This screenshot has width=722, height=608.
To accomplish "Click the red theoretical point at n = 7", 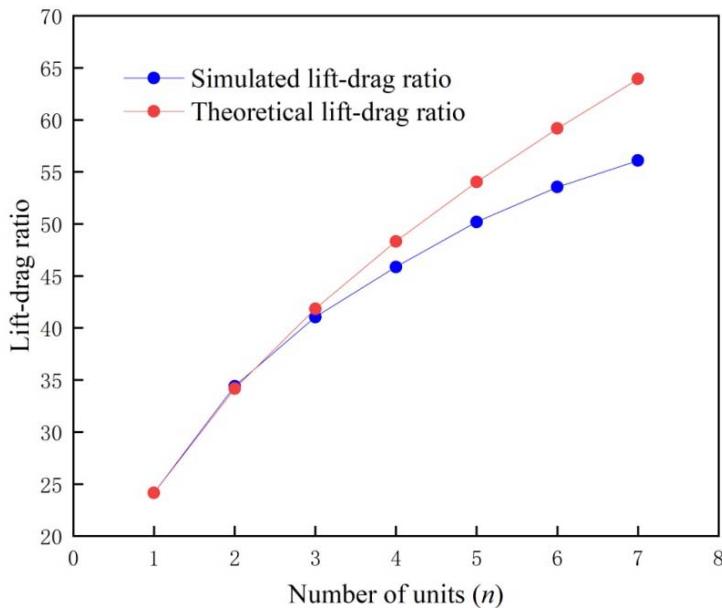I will click(637, 79).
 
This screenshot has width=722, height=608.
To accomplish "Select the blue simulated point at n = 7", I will click(637, 160).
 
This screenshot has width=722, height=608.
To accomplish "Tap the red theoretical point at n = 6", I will click(557, 128).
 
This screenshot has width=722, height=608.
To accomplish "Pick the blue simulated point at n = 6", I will click(557, 187).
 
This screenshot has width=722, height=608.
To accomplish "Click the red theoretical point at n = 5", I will click(476, 182).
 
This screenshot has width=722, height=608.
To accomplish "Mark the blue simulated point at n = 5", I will click(476, 222).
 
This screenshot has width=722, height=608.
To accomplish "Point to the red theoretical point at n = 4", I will click(396, 241).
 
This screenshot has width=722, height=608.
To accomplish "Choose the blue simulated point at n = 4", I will click(396, 267).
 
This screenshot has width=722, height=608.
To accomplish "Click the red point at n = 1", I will click(153, 492).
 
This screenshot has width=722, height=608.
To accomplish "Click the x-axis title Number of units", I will click(395, 592).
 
